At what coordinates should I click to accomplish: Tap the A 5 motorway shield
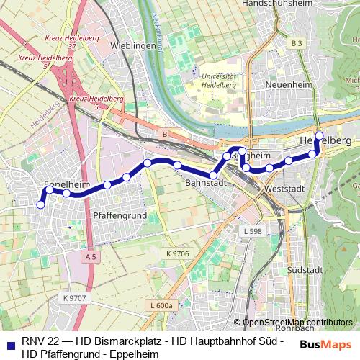click(x=89, y=256)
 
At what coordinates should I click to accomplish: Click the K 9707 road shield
click(x=74, y=298)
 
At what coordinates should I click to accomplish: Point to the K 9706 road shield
click(x=176, y=253)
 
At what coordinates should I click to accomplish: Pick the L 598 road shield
click(x=253, y=231)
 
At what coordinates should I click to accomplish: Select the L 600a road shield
click(x=163, y=305)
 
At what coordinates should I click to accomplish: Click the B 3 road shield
click(x=297, y=44)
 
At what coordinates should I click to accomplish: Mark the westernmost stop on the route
click(x=41, y=204)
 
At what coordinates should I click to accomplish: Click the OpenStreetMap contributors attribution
click(x=297, y=322)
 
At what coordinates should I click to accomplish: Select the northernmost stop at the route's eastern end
click(x=319, y=135)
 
